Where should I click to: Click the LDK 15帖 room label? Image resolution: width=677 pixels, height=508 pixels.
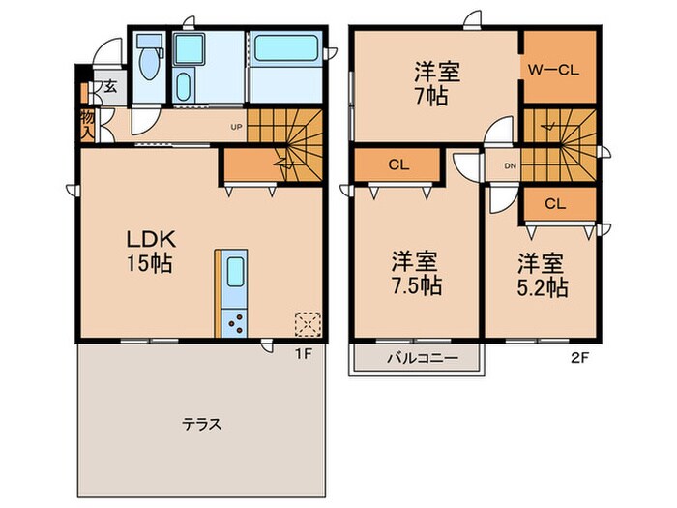tap(147, 250)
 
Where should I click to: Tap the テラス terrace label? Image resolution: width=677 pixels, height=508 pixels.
tap(203, 424)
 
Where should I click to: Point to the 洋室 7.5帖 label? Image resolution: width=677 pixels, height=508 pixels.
tap(417, 273)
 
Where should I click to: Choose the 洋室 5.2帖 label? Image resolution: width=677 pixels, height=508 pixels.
tap(542, 274)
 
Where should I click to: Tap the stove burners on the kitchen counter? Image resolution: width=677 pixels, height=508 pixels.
tap(234, 321)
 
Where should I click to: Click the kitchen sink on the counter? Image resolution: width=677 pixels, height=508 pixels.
tap(234, 275)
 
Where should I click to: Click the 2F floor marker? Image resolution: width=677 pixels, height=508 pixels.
tap(580, 355)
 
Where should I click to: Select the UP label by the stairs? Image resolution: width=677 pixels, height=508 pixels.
tap(236, 126)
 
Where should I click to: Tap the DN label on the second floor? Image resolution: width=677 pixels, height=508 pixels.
tap(510, 166)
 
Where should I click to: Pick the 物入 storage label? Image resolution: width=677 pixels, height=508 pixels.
tap(87, 123)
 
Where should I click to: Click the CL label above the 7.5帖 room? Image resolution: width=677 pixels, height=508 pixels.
tap(398, 164)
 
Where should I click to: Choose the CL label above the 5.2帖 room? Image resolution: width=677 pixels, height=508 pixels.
tap(554, 203)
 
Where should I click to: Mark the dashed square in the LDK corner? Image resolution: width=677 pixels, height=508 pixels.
tap(307, 323)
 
